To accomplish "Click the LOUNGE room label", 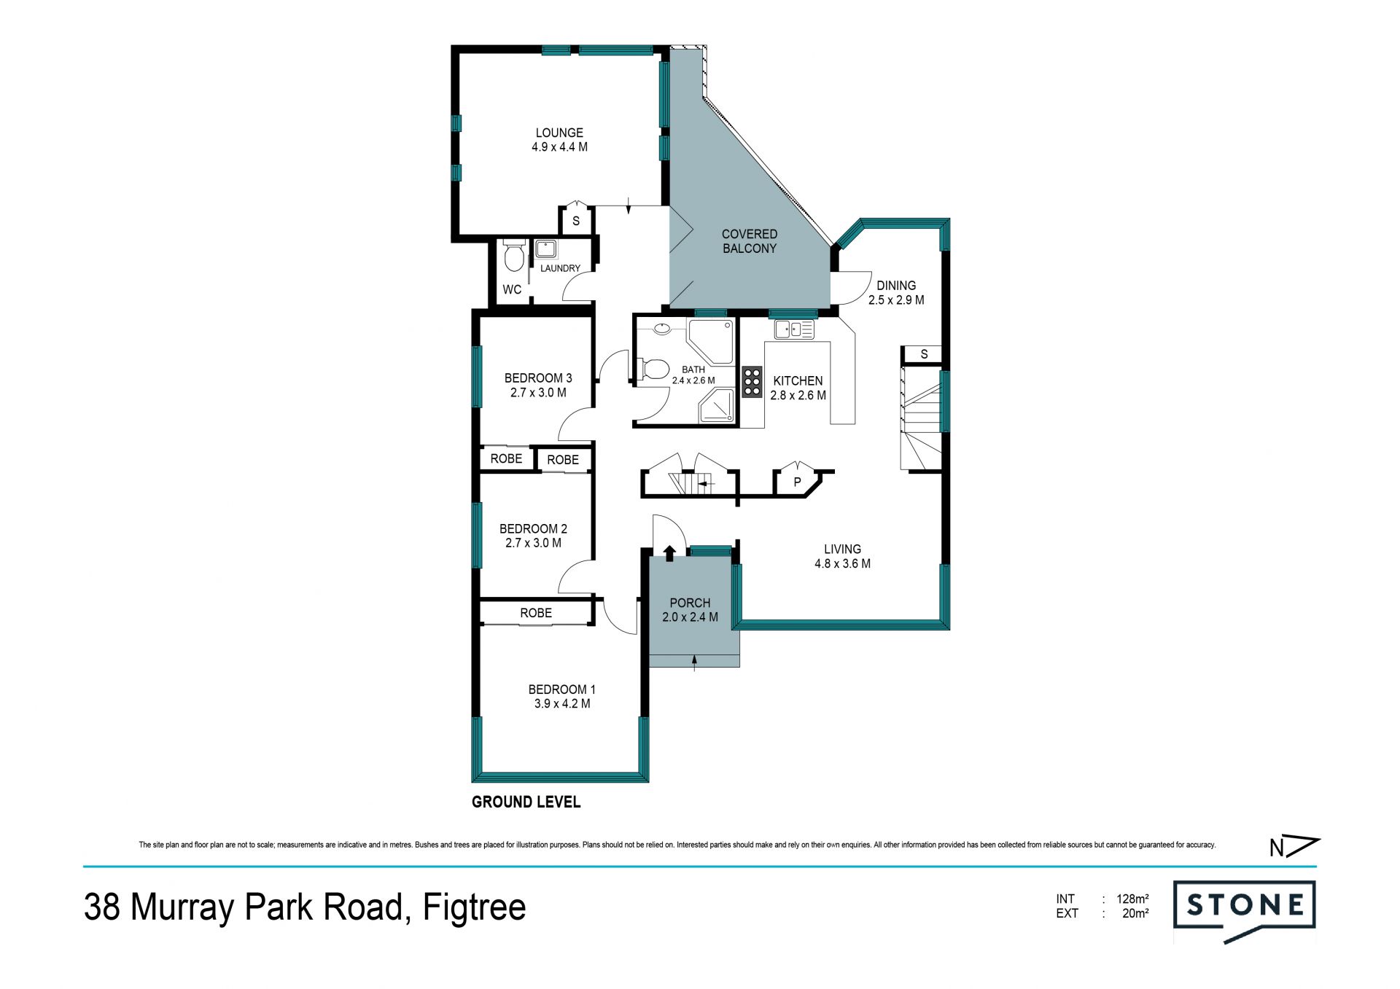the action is coord(559,133).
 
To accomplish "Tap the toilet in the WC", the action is coord(514,255).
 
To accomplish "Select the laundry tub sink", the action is coord(545,249).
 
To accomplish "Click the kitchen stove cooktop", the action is coord(752,382).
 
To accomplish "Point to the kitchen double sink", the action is coord(794,329).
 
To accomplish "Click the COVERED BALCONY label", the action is coord(750,241).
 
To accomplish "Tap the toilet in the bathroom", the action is coord(654,370).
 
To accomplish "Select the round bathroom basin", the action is coord(662,329).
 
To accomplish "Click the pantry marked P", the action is coord(797,482).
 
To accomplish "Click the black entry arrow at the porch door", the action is coord(669,552).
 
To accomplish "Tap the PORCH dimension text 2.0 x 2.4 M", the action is coord(690,617).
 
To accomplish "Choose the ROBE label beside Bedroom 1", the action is coord(536,613).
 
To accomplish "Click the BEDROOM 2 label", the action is coord(533,529).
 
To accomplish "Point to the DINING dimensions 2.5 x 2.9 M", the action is coord(896,300).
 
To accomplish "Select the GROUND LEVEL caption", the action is coord(526,802).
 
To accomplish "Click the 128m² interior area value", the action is coord(1132,899).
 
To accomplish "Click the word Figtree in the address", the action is coord(474,907).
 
